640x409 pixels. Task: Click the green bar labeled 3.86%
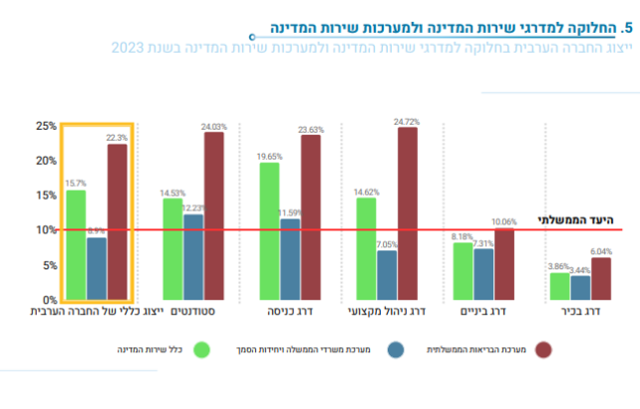click(x=559, y=286)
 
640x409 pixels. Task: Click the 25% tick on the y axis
click(x=46, y=127)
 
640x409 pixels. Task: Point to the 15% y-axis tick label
click(x=46, y=196)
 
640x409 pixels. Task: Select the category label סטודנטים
click(x=192, y=312)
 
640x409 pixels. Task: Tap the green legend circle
click(x=202, y=350)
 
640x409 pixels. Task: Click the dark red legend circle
click(x=543, y=350)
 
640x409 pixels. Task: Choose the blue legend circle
click(x=395, y=350)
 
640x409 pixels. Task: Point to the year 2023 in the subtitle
click(x=127, y=48)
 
